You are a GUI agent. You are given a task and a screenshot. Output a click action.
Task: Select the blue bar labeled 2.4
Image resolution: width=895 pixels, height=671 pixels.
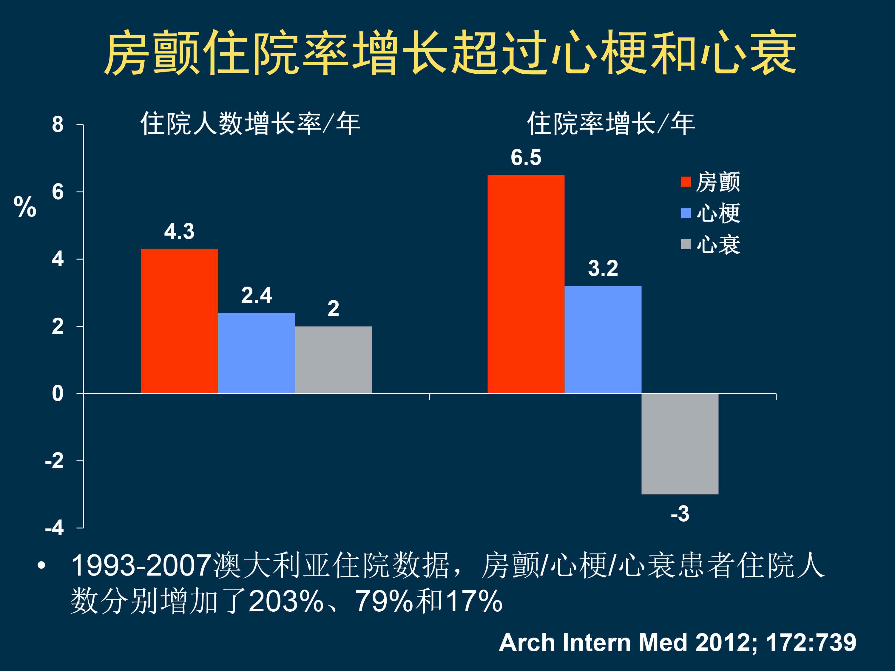click(256, 353)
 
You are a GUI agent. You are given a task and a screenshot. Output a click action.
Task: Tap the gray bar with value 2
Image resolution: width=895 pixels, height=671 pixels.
click(333, 360)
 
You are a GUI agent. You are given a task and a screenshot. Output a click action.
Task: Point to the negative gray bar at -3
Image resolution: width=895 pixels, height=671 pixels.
click(680, 444)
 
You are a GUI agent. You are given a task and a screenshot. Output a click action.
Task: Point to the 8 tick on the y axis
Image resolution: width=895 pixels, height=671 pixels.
click(58, 125)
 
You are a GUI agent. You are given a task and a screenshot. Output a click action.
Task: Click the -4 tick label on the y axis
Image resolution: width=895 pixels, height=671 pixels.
click(55, 528)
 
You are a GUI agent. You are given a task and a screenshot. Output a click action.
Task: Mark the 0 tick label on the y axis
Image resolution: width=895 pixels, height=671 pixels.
click(58, 394)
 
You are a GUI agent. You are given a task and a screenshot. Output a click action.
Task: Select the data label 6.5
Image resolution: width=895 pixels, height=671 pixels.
click(526, 157)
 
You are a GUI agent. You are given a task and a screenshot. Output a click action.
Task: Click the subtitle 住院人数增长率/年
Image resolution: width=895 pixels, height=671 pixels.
click(250, 123)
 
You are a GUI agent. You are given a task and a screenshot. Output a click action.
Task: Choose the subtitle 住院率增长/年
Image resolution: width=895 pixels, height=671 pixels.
click(611, 123)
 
